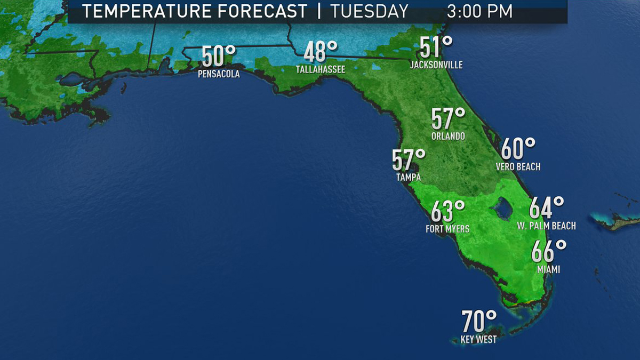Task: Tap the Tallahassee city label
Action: pos(321,69)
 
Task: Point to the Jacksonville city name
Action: pos(436,65)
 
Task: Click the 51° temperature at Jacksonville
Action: pos(436,47)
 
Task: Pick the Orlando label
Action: pos(448,136)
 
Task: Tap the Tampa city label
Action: pos(408,177)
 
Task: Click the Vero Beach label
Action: pos(518,167)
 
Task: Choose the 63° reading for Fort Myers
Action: pos(447,212)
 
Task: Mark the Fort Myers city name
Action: pos(447,229)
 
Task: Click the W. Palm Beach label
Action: pos(546,226)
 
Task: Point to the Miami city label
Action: pos(548,269)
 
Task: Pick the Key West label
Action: pos(478,339)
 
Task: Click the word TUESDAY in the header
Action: pos(369,11)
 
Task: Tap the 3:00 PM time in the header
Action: pos(479,11)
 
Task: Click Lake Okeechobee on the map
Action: pos(502,208)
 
